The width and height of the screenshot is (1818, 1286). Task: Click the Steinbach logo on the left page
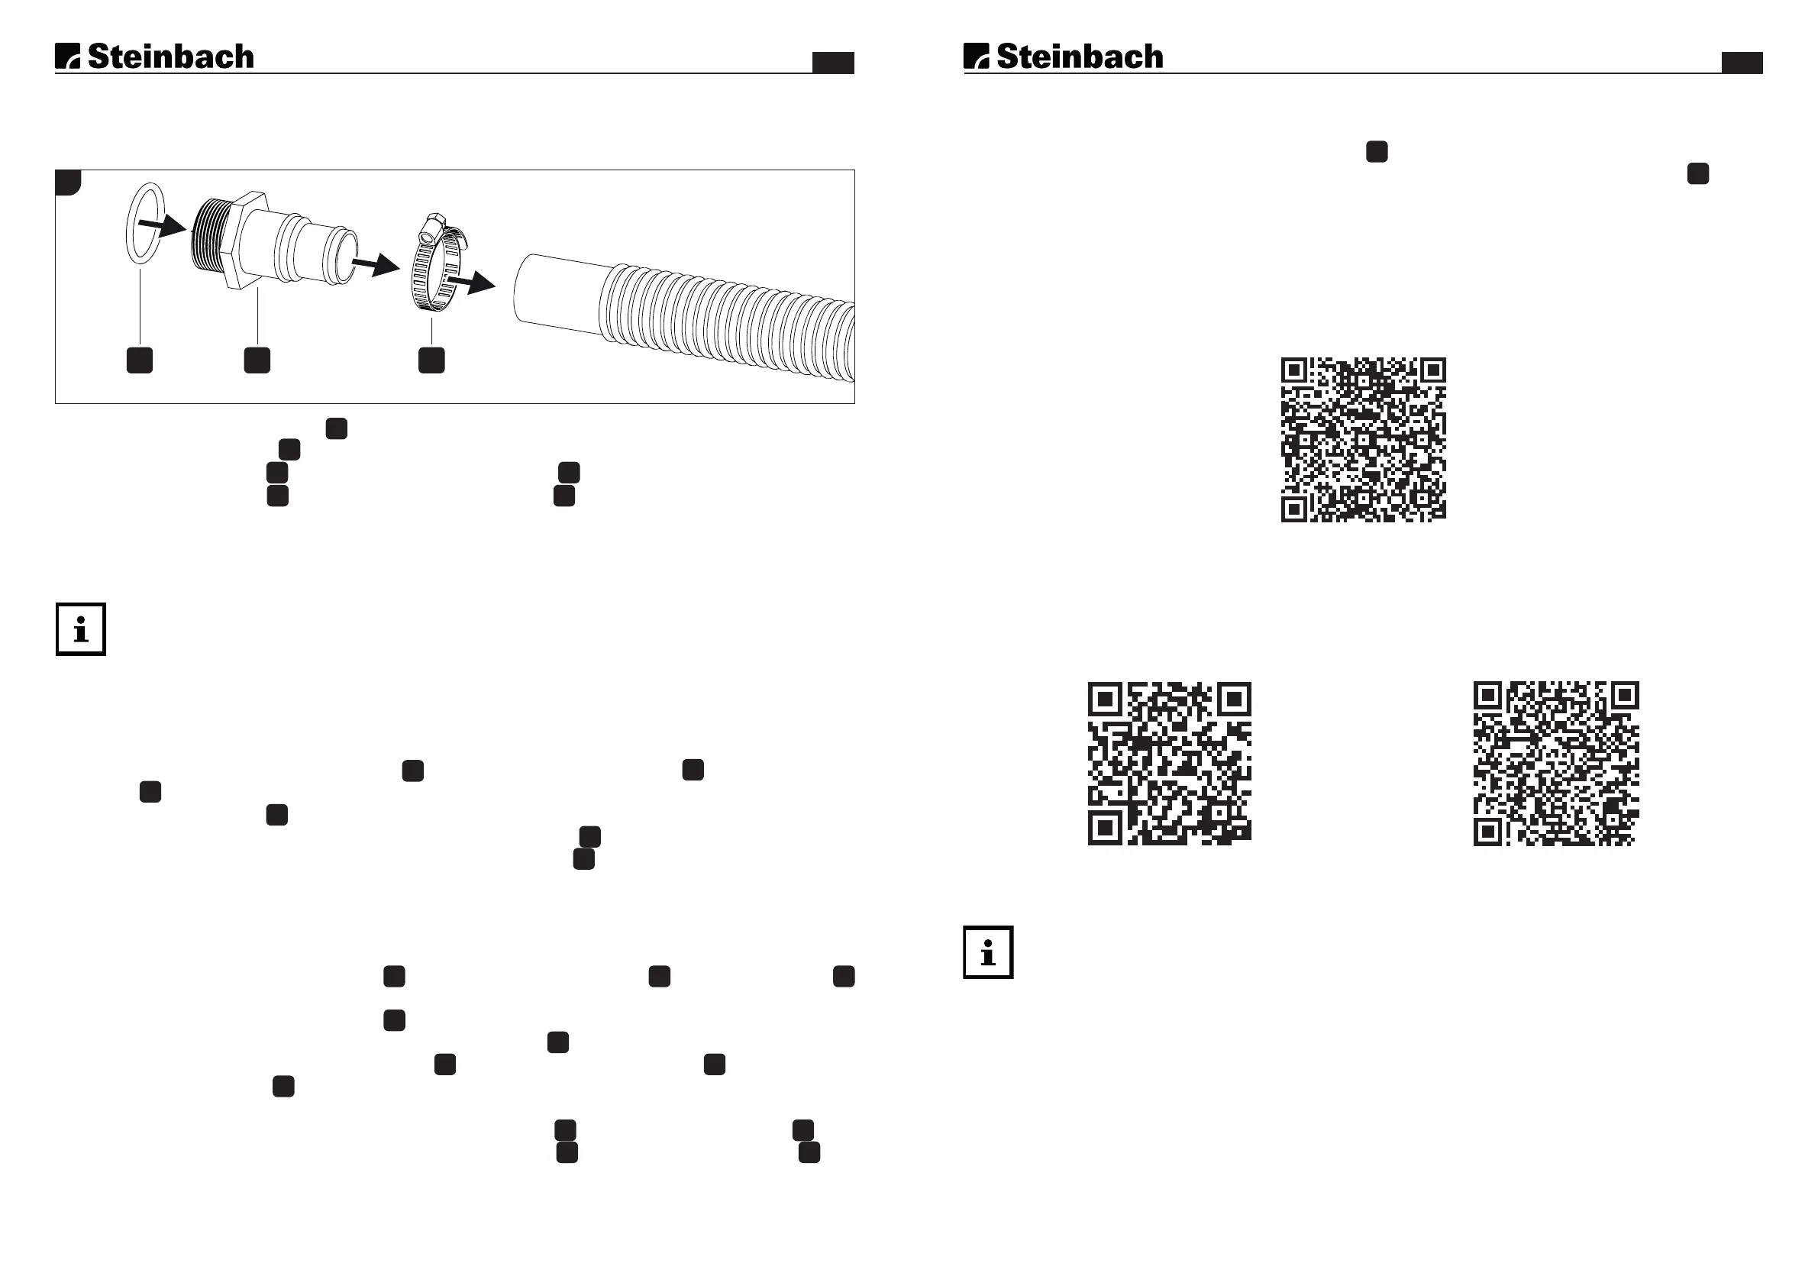tap(154, 57)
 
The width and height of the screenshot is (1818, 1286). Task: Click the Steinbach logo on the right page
tap(1064, 57)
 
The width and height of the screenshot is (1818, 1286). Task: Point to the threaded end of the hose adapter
tap(210, 236)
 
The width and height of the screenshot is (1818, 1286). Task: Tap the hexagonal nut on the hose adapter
tap(241, 240)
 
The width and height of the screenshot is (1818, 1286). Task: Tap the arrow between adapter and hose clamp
tap(376, 263)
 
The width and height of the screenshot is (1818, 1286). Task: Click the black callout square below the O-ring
tap(140, 360)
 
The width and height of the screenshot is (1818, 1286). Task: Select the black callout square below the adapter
tap(257, 360)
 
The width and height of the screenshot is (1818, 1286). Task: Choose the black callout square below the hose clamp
tap(431, 360)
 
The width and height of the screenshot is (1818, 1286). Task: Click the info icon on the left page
tap(81, 630)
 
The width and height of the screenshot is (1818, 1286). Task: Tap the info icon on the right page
tap(988, 952)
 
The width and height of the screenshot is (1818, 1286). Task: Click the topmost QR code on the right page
tap(1364, 440)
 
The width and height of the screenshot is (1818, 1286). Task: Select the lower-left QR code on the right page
tap(1170, 764)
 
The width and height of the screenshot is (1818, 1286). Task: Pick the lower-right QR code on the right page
tap(1556, 764)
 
